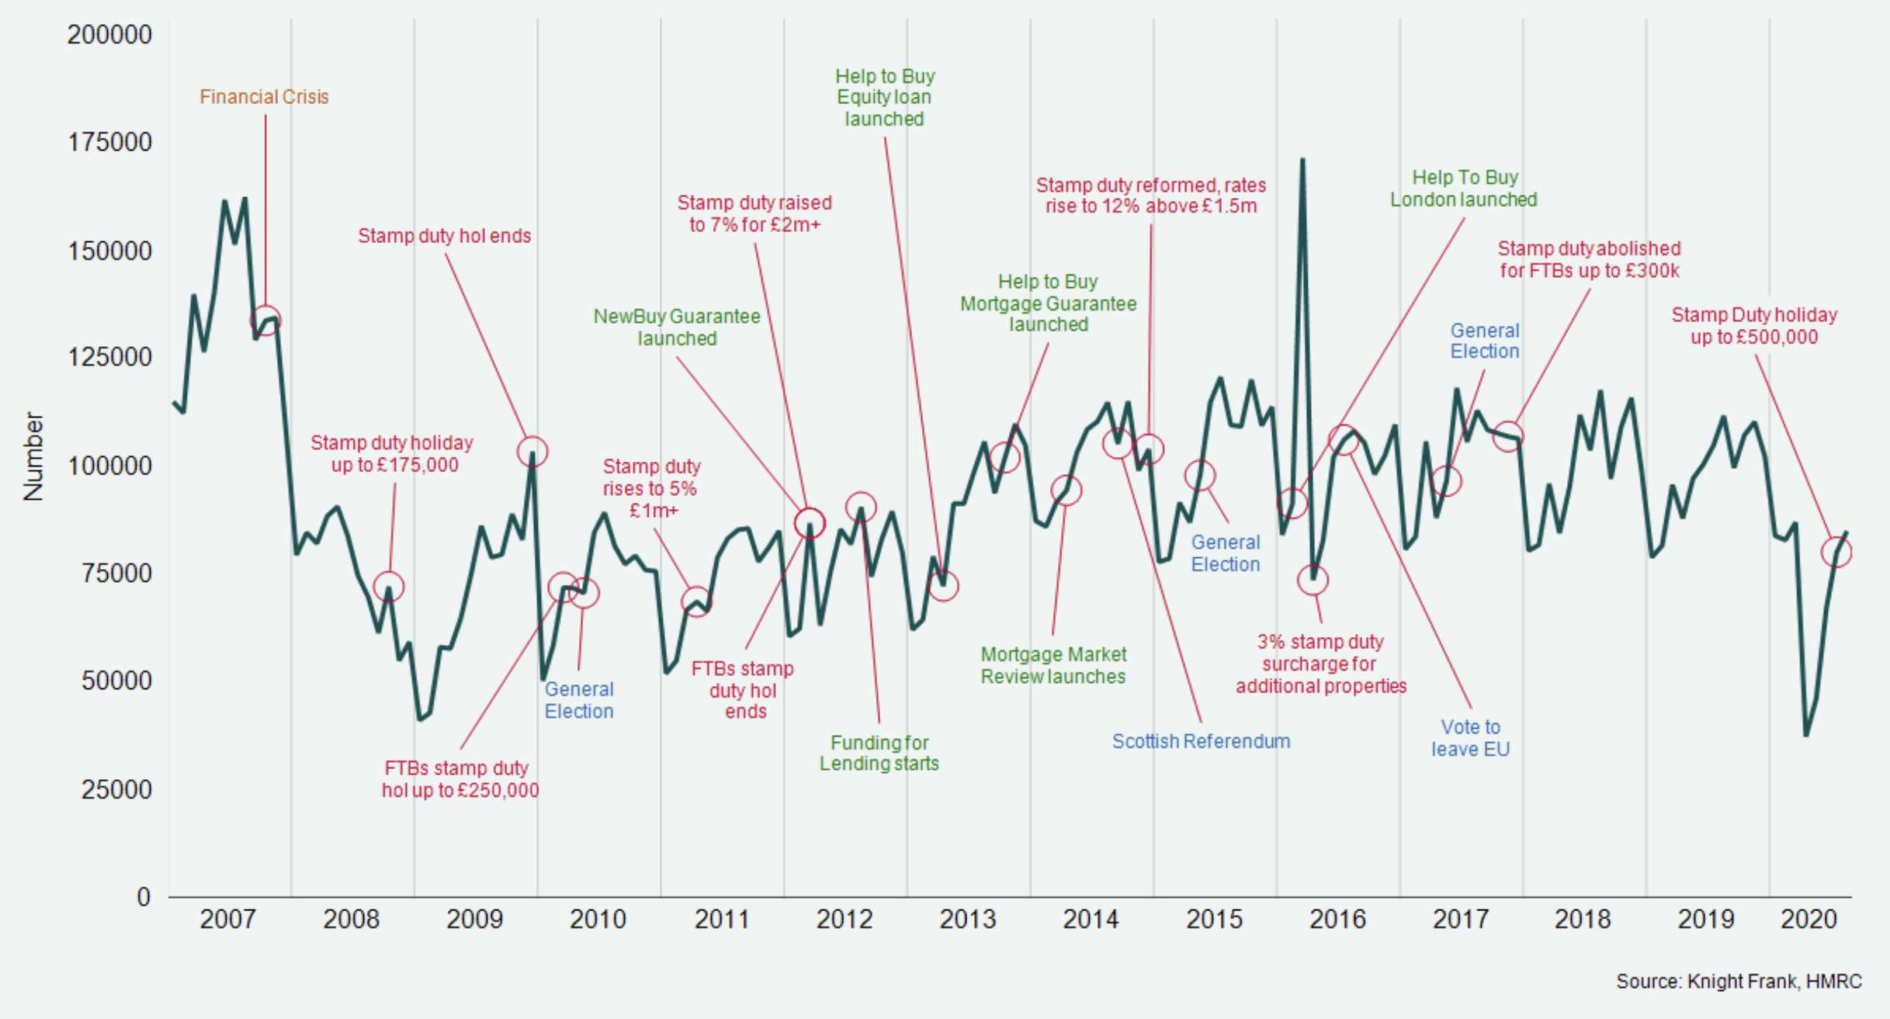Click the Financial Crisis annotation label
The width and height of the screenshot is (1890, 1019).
(x=264, y=97)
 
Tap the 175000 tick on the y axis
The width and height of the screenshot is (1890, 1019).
(x=109, y=142)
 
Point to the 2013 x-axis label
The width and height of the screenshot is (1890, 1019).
(x=967, y=920)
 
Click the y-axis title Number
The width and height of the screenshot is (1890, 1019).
(x=33, y=456)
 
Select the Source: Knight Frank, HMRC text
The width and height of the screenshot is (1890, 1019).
(x=1739, y=982)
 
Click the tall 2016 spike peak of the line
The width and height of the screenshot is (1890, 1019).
(x=1302, y=160)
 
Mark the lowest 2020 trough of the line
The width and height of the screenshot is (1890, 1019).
(x=1805, y=734)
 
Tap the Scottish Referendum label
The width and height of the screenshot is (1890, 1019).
(x=1201, y=741)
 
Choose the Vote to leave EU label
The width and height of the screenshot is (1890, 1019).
(x=1470, y=738)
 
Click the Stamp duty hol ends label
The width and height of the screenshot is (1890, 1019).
(x=444, y=236)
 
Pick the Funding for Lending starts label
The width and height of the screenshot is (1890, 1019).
(x=879, y=753)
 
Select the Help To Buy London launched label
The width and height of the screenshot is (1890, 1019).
(x=1463, y=189)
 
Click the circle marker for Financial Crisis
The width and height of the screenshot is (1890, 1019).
(x=265, y=321)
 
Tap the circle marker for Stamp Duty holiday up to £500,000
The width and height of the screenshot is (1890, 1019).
(x=1836, y=553)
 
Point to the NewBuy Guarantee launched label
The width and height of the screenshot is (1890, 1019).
(x=677, y=328)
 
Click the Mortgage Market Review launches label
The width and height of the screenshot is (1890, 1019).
(x=1053, y=665)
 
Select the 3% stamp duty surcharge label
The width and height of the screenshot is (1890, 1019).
(x=1320, y=664)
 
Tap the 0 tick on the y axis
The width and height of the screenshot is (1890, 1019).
(x=143, y=897)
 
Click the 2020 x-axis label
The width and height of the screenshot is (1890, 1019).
(x=1808, y=920)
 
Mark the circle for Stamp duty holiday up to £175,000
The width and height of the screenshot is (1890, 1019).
(x=388, y=586)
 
